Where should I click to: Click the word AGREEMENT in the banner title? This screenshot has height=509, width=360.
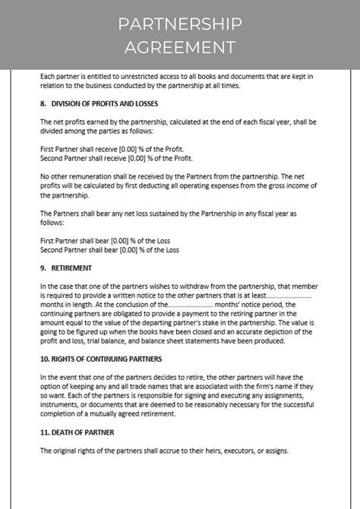[x=180, y=47]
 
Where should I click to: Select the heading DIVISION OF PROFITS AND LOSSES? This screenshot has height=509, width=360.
[x=103, y=103]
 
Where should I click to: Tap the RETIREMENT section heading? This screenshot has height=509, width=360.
[x=71, y=268]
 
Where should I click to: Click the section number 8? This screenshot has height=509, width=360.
[x=43, y=103]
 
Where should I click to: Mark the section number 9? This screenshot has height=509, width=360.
[x=43, y=268]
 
